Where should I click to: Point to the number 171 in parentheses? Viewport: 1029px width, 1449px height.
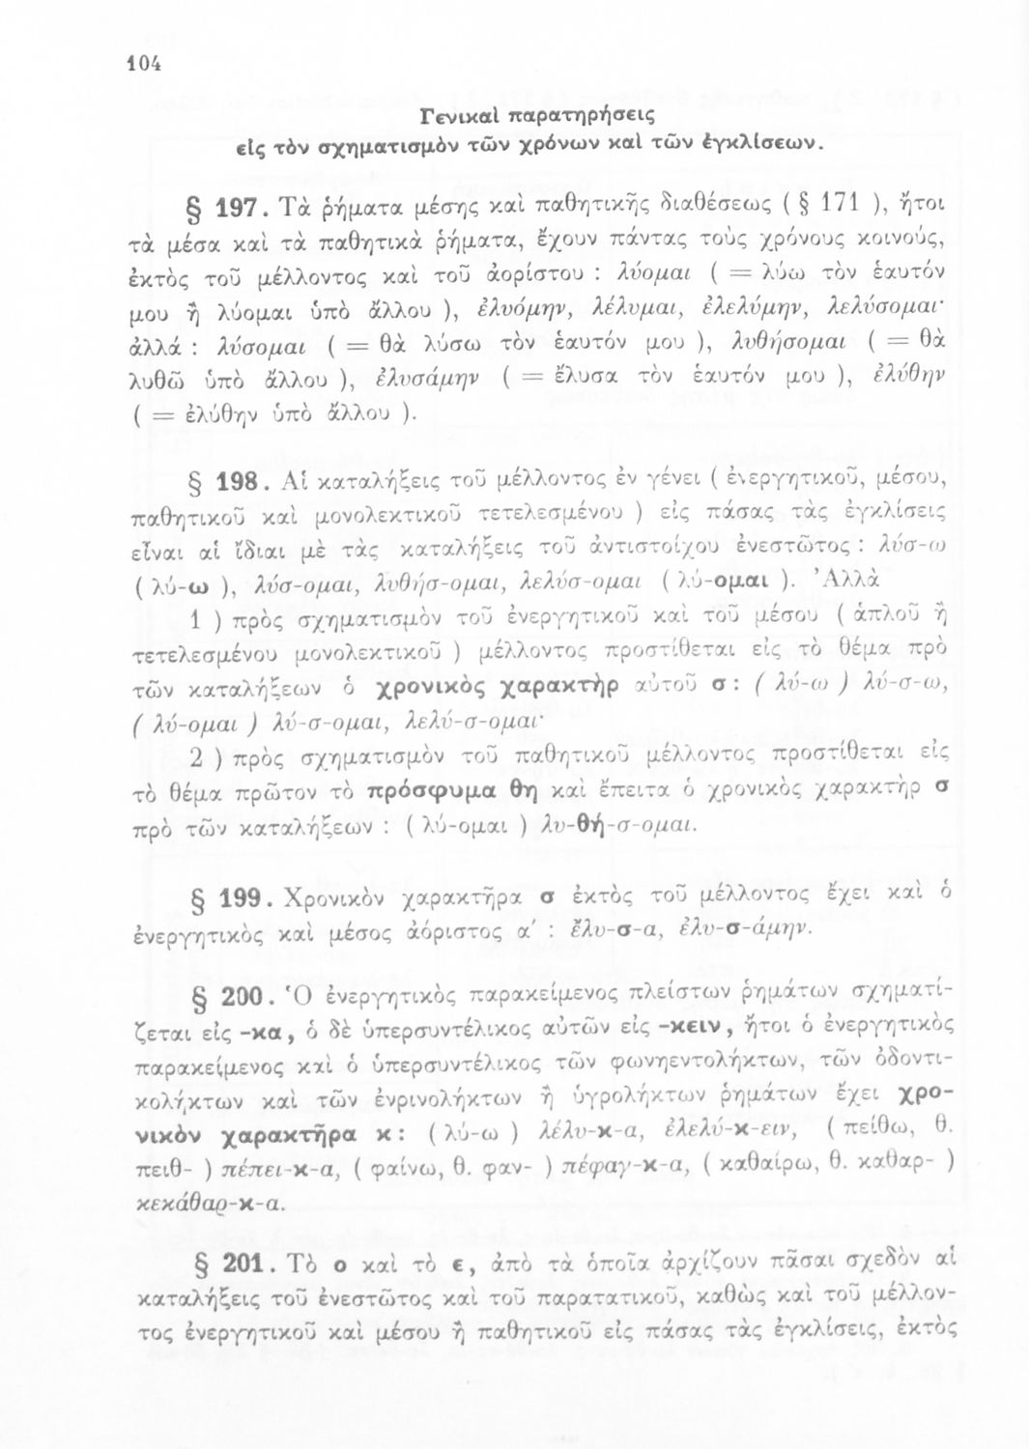tap(822, 206)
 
